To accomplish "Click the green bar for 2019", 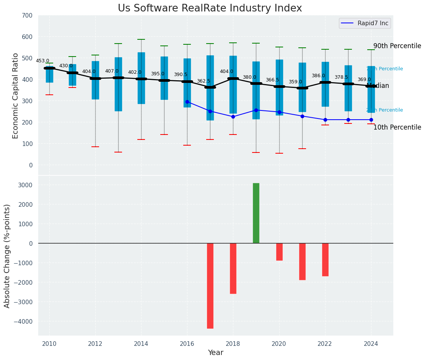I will click(256, 213).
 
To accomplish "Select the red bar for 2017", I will click(210, 285).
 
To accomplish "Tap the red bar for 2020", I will click(279, 252).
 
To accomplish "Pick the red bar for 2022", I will click(325, 259).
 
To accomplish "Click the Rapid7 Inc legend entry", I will click(365, 23).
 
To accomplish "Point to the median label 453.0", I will click(42, 61).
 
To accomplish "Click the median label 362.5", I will click(204, 81).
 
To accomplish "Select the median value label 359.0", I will click(295, 82).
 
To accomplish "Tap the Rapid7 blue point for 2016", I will click(187, 102).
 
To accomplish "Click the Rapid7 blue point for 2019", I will click(256, 110).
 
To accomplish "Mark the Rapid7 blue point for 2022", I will click(325, 120).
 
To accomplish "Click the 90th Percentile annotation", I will click(397, 46).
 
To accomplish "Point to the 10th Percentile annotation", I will click(397, 127).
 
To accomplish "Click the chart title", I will click(210, 8).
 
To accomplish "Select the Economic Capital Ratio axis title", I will click(16, 96).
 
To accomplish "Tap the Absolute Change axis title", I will click(7, 256).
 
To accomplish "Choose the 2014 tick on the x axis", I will click(141, 344).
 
